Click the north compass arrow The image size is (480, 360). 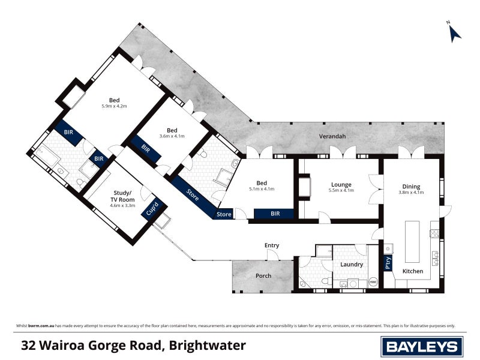[455, 33]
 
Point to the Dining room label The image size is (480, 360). [411, 186]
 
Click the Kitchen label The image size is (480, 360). [412, 271]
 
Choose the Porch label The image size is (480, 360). [263, 276]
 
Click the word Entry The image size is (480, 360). [272, 245]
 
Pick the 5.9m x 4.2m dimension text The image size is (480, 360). [114, 106]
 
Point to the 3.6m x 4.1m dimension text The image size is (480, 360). [172, 136]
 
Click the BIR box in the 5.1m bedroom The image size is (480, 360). [274, 213]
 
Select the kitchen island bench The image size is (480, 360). [413, 241]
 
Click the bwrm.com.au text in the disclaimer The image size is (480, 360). [39, 325]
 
